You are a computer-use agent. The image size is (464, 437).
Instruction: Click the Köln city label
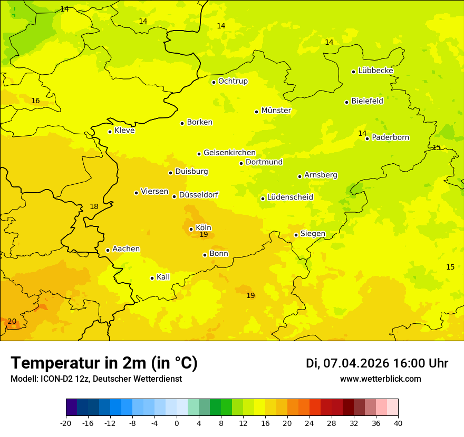click(204, 228)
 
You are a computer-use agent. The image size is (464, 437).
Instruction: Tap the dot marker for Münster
click(256, 112)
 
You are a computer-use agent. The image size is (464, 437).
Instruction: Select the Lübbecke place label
click(375, 71)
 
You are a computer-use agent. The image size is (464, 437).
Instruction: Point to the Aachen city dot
click(108, 250)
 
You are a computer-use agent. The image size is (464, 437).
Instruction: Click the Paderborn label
click(390, 137)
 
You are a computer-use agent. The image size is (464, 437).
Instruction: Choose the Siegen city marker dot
click(296, 235)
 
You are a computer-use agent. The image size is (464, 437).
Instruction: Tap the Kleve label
click(124, 131)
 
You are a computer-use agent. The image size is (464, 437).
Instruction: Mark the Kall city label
click(163, 277)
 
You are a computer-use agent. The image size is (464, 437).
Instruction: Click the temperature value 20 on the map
click(12, 322)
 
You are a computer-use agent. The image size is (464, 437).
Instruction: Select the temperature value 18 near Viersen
click(94, 207)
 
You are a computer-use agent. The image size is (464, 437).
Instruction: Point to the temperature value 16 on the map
click(35, 101)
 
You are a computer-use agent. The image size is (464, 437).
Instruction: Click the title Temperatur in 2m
click(104, 363)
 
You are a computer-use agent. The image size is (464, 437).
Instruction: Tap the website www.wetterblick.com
click(380, 379)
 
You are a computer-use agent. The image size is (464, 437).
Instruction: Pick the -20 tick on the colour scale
click(66, 423)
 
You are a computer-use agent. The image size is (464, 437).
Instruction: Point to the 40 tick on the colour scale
click(398, 423)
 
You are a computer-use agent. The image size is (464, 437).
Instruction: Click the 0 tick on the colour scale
click(177, 423)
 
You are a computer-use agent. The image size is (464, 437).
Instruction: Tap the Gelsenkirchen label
click(229, 153)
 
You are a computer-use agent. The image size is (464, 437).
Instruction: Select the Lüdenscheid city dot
click(263, 198)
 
